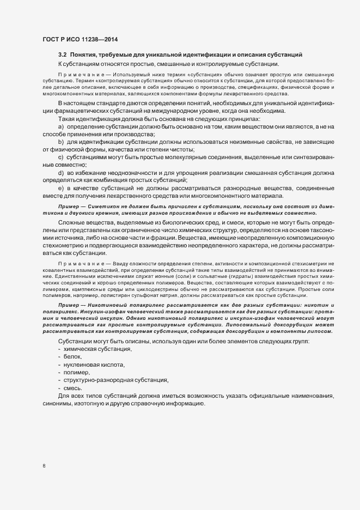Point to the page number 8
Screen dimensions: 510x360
[x=44, y=466]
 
